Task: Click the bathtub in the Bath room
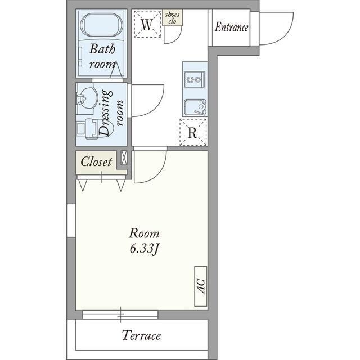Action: click(101, 25)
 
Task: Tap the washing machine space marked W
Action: click(147, 24)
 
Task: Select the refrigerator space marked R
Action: click(193, 132)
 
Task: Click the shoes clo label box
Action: click(173, 17)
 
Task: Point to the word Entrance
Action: click(231, 28)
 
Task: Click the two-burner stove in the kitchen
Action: click(195, 79)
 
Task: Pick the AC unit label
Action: click(201, 286)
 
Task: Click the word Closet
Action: click(96, 161)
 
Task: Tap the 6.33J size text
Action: click(144, 249)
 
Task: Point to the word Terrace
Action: click(141, 335)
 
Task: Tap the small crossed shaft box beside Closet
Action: click(124, 157)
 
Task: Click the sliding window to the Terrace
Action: click(120, 314)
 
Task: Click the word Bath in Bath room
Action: click(102, 49)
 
